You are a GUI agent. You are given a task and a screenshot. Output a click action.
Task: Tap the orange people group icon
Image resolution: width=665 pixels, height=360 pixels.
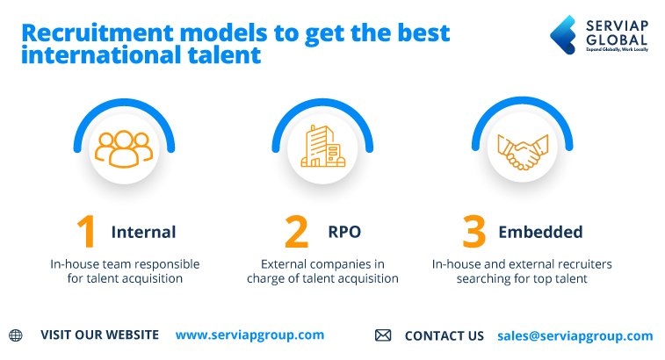coord(124,148)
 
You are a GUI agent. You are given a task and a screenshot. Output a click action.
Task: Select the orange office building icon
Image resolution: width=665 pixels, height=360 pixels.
coord(322,147)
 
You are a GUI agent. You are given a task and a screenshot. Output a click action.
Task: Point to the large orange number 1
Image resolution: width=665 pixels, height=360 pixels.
coord(86,232)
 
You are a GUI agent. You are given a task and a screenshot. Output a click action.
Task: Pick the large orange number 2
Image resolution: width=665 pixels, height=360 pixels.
coord(297,232)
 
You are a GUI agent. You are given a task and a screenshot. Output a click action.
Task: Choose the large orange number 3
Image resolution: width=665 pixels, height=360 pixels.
coord(474,232)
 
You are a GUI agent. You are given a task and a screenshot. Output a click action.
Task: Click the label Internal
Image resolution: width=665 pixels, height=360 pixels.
coord(143,233)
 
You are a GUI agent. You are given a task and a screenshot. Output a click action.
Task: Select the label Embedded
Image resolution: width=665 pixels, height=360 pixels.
coord(540,233)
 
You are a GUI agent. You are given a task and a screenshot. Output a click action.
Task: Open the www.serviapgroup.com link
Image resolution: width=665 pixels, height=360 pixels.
coord(249,335)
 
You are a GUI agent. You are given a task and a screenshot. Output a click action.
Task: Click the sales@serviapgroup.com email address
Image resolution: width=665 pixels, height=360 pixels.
coord(575,335)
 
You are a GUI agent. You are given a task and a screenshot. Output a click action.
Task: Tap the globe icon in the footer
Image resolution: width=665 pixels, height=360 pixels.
coord(15,335)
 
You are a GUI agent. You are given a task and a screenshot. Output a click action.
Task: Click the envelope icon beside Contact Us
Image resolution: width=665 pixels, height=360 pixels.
coord(383,335)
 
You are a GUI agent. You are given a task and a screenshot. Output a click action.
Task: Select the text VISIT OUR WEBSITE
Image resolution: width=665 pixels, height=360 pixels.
coord(99,335)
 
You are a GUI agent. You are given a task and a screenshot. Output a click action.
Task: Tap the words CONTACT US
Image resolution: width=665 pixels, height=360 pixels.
coord(444,335)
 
